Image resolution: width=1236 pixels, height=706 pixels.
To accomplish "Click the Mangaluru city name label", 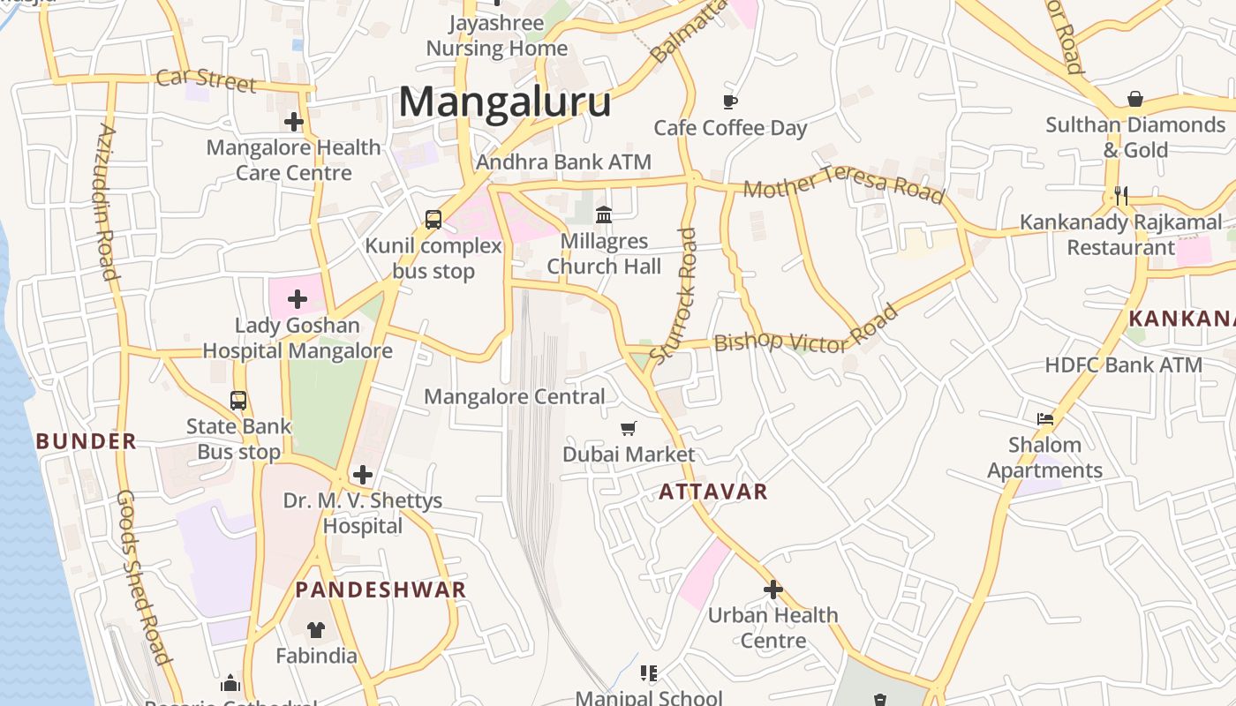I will (x=504, y=101).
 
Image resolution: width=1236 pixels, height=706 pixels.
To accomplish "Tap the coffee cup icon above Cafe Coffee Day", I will (x=730, y=101).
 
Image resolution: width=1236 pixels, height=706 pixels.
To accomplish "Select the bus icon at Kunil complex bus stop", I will (x=433, y=220).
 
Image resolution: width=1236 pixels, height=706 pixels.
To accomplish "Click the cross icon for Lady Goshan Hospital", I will (x=298, y=299).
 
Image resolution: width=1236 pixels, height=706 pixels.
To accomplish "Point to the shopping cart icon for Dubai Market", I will (x=629, y=429).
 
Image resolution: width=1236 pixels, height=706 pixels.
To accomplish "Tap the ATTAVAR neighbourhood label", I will (x=713, y=492).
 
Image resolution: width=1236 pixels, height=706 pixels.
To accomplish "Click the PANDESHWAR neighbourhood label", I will (x=381, y=590).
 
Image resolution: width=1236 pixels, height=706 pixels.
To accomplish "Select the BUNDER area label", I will (x=87, y=441).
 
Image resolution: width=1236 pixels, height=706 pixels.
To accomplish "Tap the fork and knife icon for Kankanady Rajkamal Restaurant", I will (x=1121, y=196).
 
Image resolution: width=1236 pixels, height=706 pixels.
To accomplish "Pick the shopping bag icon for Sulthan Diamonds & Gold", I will (x=1135, y=99).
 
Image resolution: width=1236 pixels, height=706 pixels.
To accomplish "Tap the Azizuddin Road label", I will (x=107, y=201).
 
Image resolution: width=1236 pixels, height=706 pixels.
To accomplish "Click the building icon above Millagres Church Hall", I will (x=604, y=214).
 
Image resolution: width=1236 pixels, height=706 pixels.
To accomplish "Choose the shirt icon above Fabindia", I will (x=316, y=629).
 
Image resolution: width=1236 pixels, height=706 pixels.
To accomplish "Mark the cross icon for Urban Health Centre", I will (x=773, y=589).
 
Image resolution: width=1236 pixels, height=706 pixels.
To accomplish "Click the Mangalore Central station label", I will (x=515, y=397).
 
